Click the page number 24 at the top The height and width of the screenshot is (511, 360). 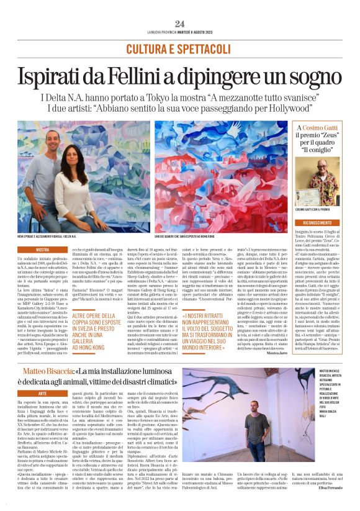(x=180, y=23)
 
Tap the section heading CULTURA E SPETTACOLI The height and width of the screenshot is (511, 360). (x=180, y=48)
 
